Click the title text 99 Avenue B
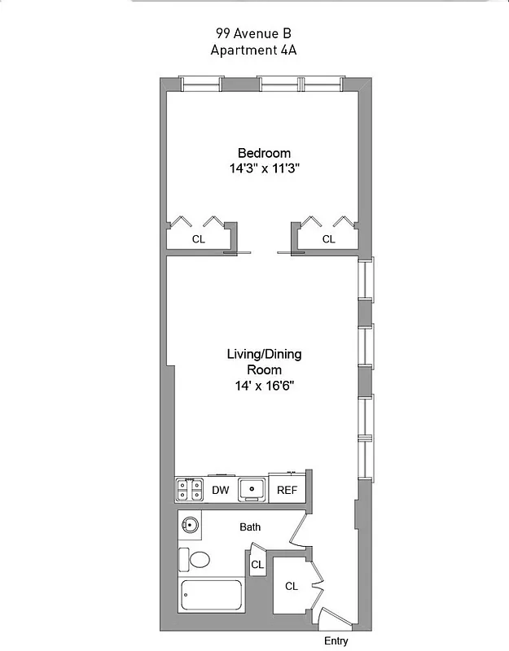click(253, 33)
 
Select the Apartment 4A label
click(253, 49)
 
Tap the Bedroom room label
click(264, 153)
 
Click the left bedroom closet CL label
click(198, 239)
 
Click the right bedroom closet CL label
click(328, 239)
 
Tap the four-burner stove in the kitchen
click(190, 490)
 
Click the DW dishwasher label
click(220, 490)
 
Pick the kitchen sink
click(252, 490)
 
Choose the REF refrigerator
click(287, 490)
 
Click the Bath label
click(250, 527)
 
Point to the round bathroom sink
click(191, 526)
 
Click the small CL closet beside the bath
click(257, 564)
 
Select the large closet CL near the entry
click(292, 586)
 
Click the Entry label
click(336, 641)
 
